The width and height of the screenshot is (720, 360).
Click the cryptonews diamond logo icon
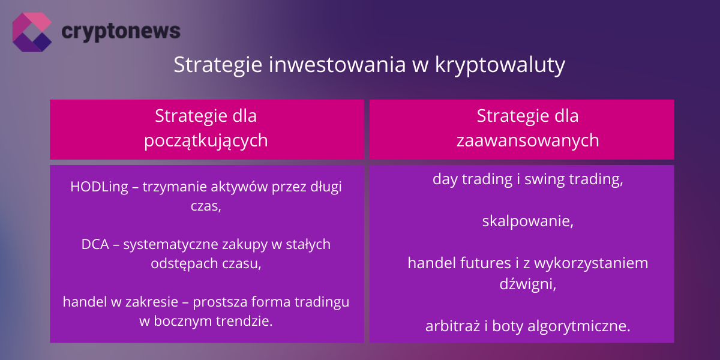tap(32, 31)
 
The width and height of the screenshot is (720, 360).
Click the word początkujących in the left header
tap(206, 140)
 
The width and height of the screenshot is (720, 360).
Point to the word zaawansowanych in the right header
tap(527, 140)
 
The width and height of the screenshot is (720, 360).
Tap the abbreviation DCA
tap(94, 245)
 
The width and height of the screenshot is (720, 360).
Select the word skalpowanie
tap(527, 221)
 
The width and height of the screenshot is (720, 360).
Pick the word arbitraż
tap(453, 326)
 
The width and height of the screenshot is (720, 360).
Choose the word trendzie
tap(242, 321)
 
